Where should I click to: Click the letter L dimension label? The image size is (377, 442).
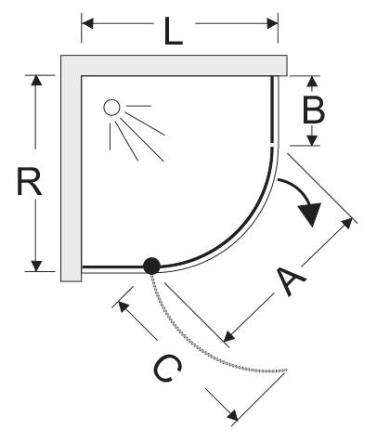pyautogui.click(x=174, y=31)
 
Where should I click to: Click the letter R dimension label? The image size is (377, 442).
pyautogui.click(x=29, y=181)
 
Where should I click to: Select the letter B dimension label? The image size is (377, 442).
pyautogui.click(x=313, y=110)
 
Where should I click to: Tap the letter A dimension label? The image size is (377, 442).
pyautogui.click(x=290, y=280)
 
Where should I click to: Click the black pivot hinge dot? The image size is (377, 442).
pyautogui.click(x=151, y=266)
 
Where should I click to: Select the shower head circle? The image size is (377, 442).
pyautogui.click(x=111, y=108)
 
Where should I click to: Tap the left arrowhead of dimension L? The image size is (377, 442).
pyautogui.click(x=87, y=23)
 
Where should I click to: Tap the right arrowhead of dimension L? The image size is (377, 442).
pyautogui.click(x=272, y=23)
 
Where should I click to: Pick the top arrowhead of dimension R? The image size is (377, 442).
pyautogui.click(x=36, y=81)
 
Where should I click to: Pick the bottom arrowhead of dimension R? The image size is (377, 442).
pyautogui.click(x=36, y=266)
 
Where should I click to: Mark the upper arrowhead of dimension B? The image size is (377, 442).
pyautogui.click(x=313, y=81)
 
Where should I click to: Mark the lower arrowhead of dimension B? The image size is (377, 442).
pyautogui.click(x=313, y=140)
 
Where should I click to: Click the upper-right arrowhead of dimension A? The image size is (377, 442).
pyautogui.click(x=347, y=223)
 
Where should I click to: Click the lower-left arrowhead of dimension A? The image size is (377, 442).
pyautogui.click(x=229, y=336)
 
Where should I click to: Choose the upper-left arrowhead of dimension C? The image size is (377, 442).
pyautogui.click(x=123, y=306)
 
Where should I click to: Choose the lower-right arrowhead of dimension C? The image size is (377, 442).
pyautogui.click(x=232, y=415)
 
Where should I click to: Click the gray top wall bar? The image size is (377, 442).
pyautogui.click(x=184, y=65)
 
